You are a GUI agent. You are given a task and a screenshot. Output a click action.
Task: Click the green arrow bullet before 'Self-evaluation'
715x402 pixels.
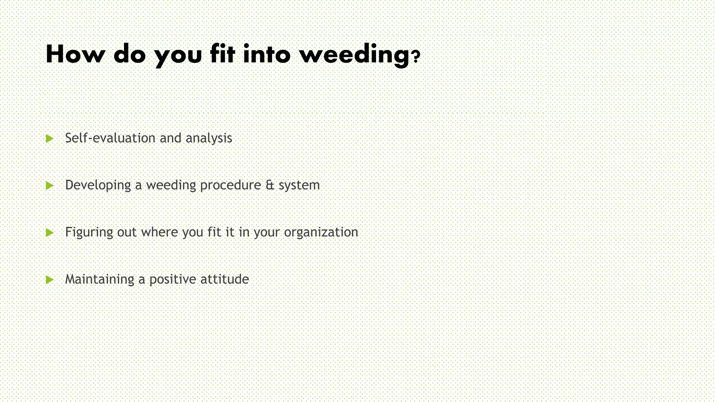coord(50,139)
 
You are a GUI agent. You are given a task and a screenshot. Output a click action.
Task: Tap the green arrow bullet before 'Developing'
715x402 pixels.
coord(50,186)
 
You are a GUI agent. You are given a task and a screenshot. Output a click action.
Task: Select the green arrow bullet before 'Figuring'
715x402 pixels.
coord(50,232)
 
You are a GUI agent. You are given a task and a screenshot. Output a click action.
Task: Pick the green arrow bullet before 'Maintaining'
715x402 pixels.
coord(50,280)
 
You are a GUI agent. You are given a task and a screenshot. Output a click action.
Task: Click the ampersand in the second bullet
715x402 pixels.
coord(270,185)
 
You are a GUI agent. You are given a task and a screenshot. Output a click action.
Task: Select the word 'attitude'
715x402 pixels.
coord(224,279)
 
